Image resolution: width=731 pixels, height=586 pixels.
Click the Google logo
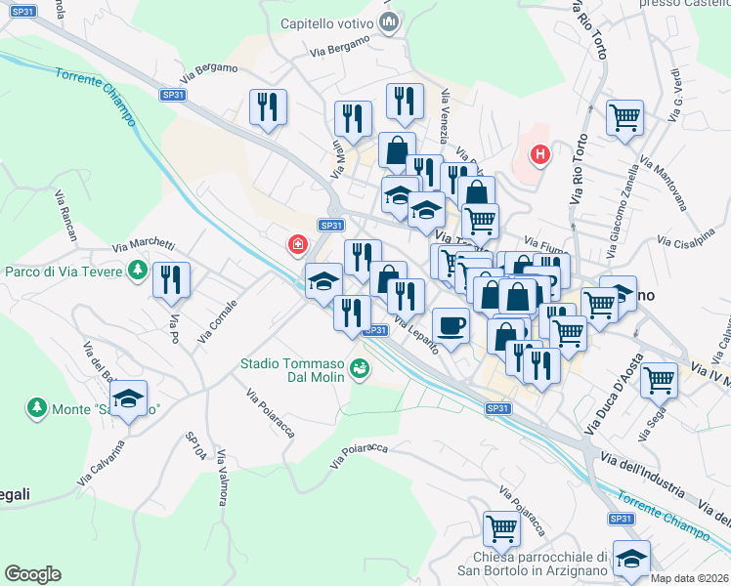coord(32,574)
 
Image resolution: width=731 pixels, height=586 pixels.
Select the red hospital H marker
coord(538,154)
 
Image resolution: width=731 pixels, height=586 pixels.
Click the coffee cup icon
coord(450,323)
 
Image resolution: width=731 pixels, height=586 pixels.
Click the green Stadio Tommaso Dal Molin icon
coord(361,368)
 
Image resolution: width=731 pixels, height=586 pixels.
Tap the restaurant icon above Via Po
coord(172,278)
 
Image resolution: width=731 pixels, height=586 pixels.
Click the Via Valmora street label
coord(223,478)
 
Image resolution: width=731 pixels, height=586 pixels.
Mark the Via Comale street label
coord(217,321)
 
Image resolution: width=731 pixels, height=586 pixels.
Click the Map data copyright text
coord(689,578)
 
